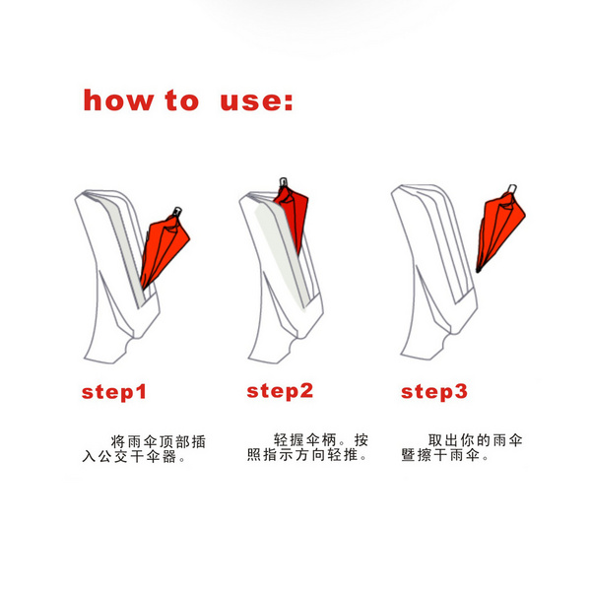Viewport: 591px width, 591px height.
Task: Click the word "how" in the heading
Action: (x=118, y=100)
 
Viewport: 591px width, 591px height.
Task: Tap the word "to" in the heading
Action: (x=182, y=100)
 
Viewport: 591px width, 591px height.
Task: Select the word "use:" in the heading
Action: (x=256, y=101)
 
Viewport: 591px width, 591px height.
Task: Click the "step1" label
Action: (x=114, y=393)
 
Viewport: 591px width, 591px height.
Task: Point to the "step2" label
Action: (x=280, y=392)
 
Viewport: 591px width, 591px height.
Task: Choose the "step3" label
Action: (x=434, y=392)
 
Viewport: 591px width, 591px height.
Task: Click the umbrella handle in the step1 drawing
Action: (x=176, y=212)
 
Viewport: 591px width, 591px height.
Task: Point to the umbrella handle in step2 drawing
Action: (x=284, y=182)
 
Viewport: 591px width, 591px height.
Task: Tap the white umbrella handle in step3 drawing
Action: (x=512, y=188)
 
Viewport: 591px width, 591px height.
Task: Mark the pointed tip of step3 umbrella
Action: (x=478, y=271)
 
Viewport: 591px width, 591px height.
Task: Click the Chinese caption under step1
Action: (x=144, y=449)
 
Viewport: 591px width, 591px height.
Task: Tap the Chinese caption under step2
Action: (x=307, y=447)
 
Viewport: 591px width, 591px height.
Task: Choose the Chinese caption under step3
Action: (x=462, y=447)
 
